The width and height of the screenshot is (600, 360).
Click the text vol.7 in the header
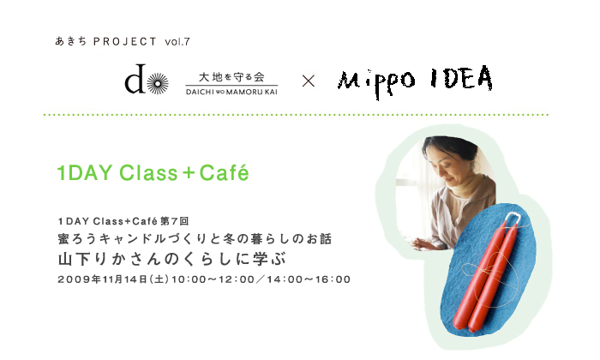point(177,42)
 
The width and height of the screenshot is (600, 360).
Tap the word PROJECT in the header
point(125,42)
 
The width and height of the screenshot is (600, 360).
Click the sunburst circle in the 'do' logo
point(158,83)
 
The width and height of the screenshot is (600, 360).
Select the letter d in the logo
point(135,79)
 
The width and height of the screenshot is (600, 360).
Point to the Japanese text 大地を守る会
point(231,77)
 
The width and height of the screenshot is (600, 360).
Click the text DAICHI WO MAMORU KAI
point(231,92)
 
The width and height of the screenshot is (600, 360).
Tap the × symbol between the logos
point(309,81)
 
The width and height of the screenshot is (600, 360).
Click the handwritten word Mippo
point(376,82)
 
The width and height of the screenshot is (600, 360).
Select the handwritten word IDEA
point(461,78)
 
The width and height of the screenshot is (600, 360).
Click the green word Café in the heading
point(224,172)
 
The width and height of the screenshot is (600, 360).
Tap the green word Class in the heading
point(148,173)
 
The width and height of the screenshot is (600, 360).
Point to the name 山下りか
point(92,260)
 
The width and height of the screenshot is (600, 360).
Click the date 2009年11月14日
point(103,279)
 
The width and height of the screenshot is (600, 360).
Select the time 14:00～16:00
point(309,279)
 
